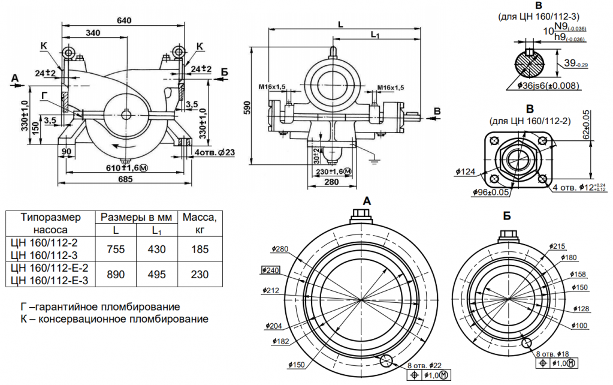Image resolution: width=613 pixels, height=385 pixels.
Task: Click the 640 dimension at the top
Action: (x=124, y=20)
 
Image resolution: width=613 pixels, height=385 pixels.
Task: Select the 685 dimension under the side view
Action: (x=124, y=179)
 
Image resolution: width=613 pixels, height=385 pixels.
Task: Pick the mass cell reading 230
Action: (x=200, y=274)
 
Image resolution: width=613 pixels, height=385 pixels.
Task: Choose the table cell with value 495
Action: (x=157, y=274)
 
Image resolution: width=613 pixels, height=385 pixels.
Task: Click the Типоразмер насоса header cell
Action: (x=48, y=223)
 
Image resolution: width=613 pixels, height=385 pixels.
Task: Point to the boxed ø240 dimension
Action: (x=271, y=270)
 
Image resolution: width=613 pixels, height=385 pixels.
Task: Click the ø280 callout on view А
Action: (x=280, y=249)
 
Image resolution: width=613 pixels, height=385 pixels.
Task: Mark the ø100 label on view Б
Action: (x=580, y=325)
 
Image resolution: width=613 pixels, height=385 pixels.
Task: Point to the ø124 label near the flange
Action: (x=466, y=172)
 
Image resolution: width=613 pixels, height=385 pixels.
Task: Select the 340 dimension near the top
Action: (x=93, y=32)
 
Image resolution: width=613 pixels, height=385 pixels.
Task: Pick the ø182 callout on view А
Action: (x=280, y=341)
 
